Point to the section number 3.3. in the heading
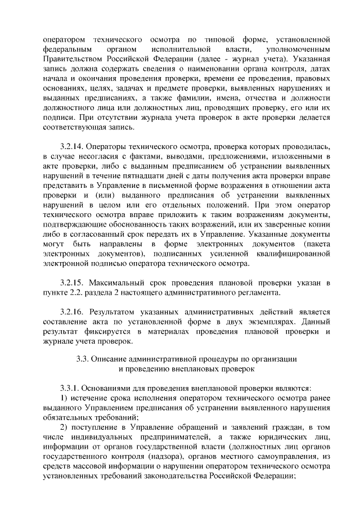pyautogui.click(x=84, y=358)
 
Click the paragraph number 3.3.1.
pyautogui.click(x=71, y=388)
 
